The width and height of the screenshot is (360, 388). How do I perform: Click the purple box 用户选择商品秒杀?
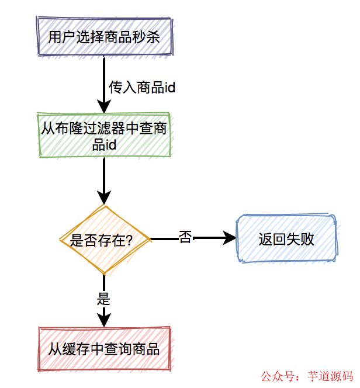click(104, 37)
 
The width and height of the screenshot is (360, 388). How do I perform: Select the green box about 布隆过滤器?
click(104, 135)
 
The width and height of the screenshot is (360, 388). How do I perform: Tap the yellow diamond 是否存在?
click(104, 240)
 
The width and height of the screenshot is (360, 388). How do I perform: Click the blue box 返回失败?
click(286, 239)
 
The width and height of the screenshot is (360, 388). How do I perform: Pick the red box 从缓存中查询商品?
click(104, 349)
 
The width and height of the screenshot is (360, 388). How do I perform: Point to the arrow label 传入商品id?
click(142, 88)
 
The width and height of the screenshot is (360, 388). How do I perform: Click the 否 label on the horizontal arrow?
click(185, 238)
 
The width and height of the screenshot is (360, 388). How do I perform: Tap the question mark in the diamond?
click(129, 240)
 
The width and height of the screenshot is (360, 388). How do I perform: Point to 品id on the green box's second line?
click(104, 144)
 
